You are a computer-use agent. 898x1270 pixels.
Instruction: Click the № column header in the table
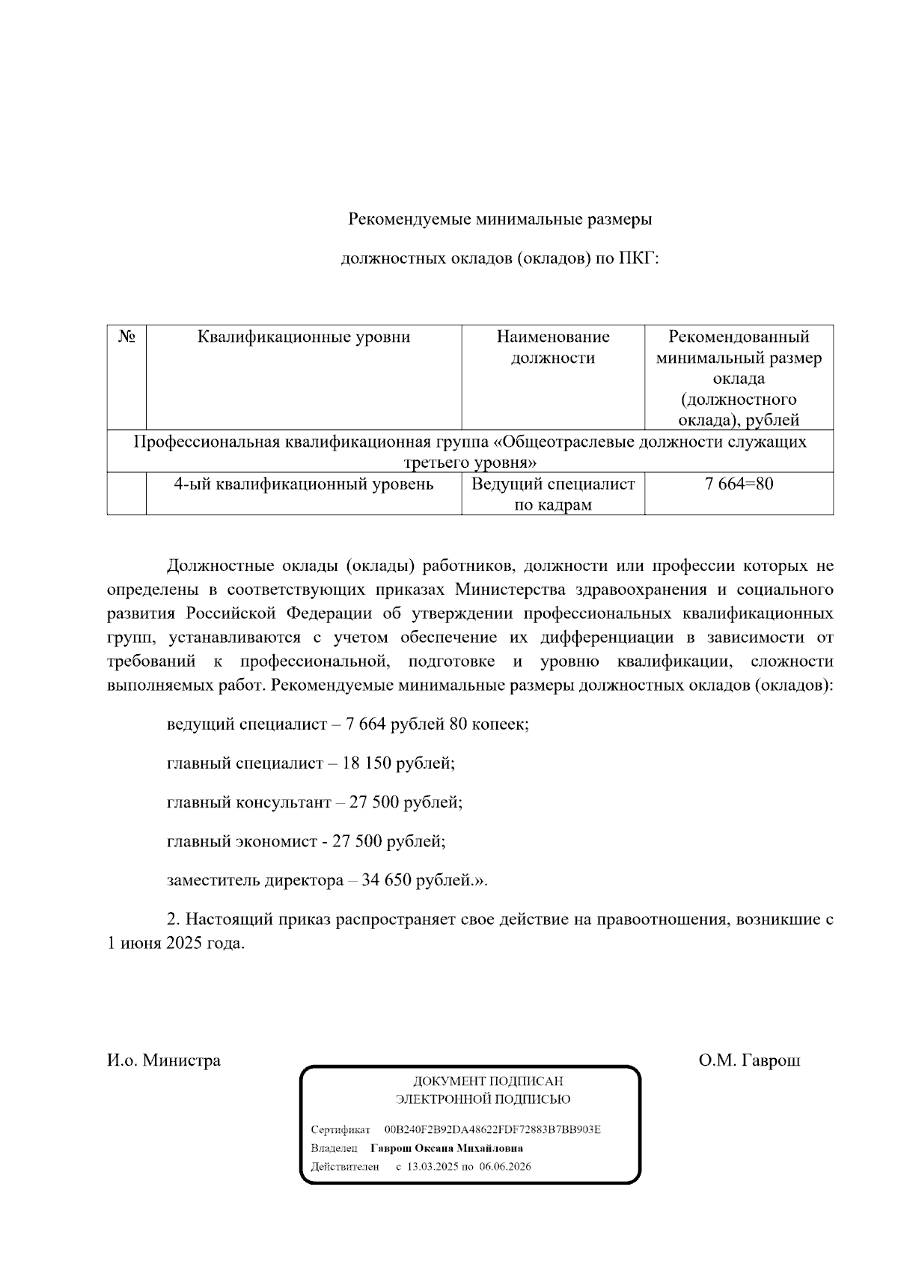click(x=126, y=337)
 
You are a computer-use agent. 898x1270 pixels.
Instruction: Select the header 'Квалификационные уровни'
click(x=304, y=337)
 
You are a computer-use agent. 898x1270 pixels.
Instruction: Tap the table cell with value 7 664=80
click(x=738, y=484)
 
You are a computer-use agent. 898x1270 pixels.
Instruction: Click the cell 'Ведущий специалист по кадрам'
click(x=552, y=494)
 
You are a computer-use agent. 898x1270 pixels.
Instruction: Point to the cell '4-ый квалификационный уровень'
click(x=304, y=484)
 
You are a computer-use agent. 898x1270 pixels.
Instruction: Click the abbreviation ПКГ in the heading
click(x=637, y=259)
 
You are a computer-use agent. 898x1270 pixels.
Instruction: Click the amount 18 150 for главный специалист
click(x=367, y=763)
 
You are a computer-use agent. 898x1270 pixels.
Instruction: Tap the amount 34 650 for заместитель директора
click(x=386, y=880)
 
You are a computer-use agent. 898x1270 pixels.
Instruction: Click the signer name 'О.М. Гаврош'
click(x=749, y=1060)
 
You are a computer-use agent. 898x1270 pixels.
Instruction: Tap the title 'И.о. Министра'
click(x=164, y=1060)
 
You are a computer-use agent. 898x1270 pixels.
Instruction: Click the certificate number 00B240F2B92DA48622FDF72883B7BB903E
click(x=492, y=1129)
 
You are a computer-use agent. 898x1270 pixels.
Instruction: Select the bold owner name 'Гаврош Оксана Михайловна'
click(x=447, y=1148)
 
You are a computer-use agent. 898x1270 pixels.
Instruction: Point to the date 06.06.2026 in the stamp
click(x=505, y=1167)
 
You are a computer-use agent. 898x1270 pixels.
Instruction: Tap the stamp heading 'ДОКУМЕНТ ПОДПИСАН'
click(x=488, y=1081)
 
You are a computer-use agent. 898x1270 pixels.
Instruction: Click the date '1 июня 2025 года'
click(x=177, y=944)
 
